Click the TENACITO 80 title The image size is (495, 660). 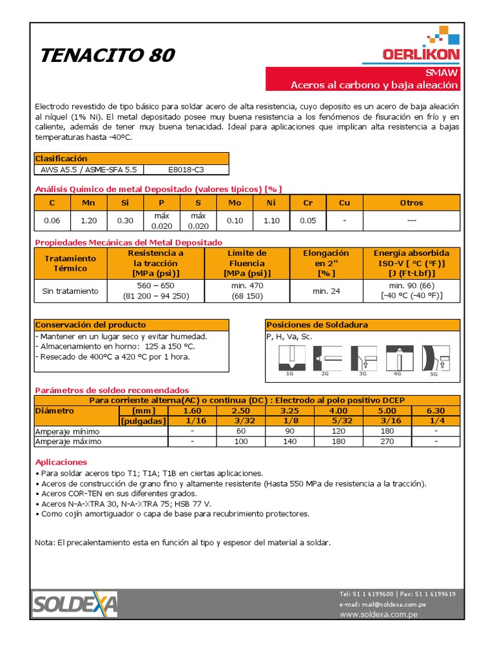click(x=108, y=55)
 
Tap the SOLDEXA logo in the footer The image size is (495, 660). click(x=75, y=605)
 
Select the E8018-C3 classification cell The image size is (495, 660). click(x=186, y=170)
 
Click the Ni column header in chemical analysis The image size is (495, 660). click(x=271, y=202)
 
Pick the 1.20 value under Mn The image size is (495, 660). click(x=88, y=220)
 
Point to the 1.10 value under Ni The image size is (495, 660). click(x=271, y=220)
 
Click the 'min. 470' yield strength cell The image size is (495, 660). click(x=247, y=291)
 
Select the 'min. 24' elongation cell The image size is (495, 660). click(x=325, y=291)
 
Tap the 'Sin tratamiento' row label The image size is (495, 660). click(x=70, y=291)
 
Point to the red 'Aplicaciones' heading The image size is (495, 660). click(x=61, y=462)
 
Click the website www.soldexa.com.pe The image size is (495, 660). click(x=378, y=615)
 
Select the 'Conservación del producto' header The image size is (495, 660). click(x=90, y=325)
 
